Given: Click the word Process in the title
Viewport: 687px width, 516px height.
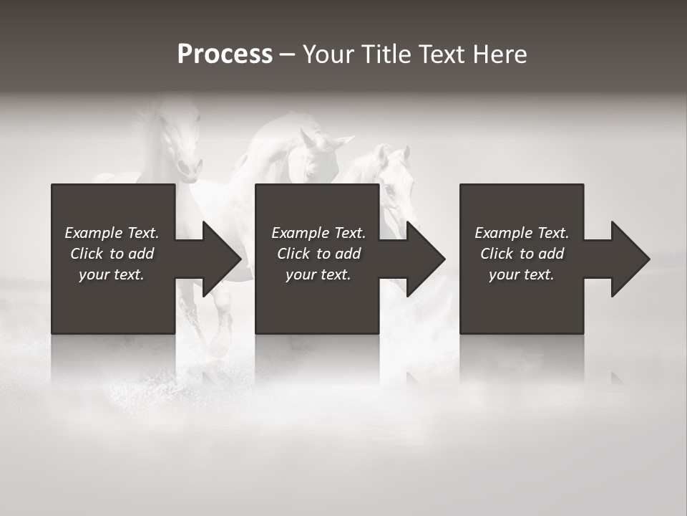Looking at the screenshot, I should [225, 54].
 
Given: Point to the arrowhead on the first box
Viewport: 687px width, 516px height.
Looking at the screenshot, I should [219, 259].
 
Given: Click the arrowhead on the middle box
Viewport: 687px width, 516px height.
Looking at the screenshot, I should [423, 259].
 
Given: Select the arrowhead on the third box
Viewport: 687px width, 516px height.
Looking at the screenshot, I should [627, 259].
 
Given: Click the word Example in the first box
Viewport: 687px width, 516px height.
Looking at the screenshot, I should [92, 233].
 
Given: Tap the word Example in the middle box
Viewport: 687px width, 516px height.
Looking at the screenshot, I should [299, 233].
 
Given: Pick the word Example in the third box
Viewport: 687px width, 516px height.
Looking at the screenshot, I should [502, 233].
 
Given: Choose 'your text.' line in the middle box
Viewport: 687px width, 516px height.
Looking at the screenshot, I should [318, 274].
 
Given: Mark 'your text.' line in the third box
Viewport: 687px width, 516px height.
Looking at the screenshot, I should [521, 274].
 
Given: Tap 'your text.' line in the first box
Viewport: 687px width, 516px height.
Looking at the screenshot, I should [112, 274].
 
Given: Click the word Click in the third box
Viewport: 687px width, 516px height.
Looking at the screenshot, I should [497, 254].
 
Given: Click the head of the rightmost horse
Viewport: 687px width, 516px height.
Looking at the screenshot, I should [390, 176].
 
